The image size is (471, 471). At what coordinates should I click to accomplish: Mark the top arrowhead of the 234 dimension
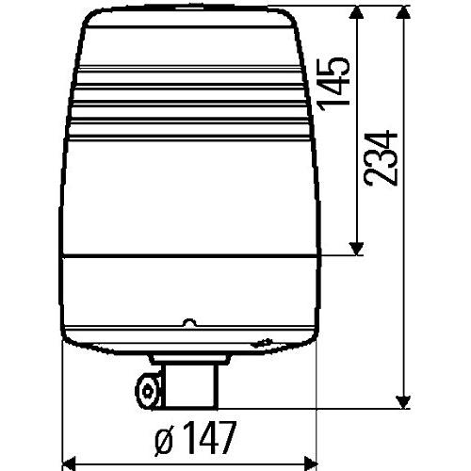pos(405,13)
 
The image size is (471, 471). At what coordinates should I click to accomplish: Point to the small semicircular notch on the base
pos(188,321)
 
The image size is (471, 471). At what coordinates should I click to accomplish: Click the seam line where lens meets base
pos(187,258)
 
